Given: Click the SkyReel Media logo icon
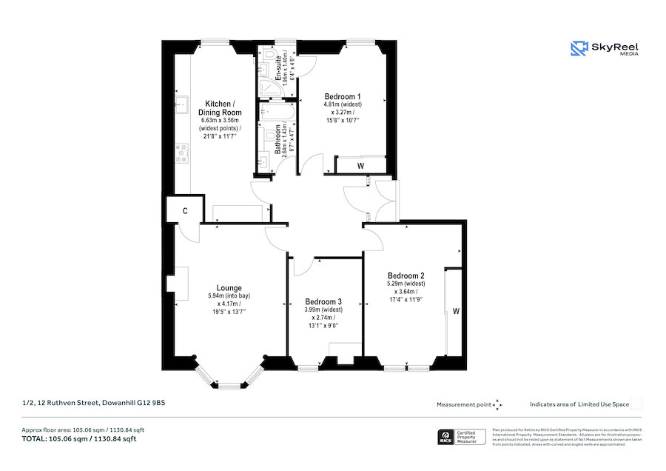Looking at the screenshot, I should click(578, 48).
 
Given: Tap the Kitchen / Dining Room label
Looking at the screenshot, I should click(221, 107).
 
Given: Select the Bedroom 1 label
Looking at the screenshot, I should click(343, 96).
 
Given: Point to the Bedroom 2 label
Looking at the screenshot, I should click(405, 275).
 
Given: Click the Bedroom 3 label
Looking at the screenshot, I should click(323, 301).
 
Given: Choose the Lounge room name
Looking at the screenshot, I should click(229, 288).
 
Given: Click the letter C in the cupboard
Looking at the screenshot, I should click(184, 210).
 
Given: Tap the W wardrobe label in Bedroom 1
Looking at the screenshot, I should click(360, 166).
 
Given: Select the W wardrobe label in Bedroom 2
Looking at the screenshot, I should click(456, 312).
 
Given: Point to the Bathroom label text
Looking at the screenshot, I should click(279, 138).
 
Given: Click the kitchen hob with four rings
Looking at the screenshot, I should click(181, 153).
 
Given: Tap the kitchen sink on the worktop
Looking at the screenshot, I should click(180, 102).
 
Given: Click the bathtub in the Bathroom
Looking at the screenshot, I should click(267, 111).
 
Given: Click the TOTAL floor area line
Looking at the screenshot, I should click(79, 439).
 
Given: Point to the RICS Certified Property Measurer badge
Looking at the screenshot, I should click(459, 438).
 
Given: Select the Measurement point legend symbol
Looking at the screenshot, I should click(497, 404).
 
